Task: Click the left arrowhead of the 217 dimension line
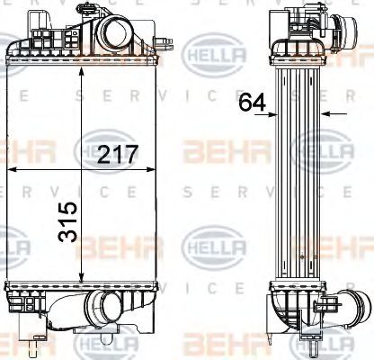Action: click(11, 169)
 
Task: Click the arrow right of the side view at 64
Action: click(325, 114)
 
